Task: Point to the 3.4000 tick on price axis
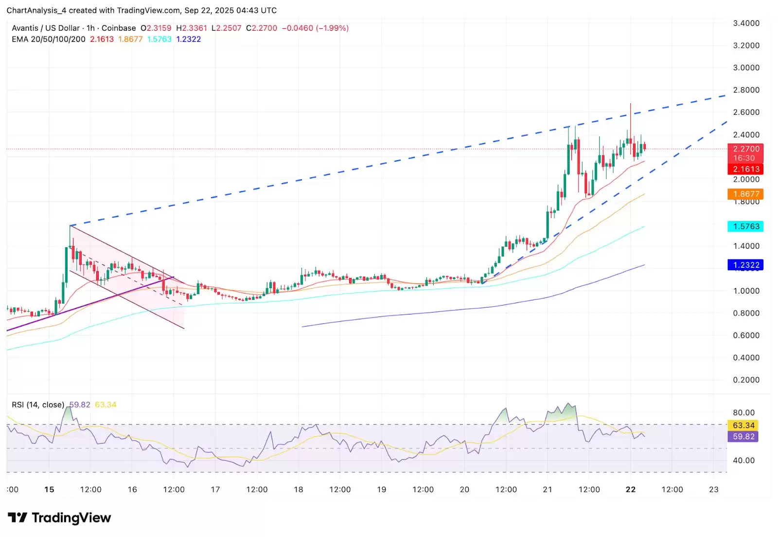(746, 23)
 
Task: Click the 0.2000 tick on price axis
(746, 380)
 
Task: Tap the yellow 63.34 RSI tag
(743, 426)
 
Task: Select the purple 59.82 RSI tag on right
(743, 437)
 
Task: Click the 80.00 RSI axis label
(743, 413)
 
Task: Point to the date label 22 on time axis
(630, 489)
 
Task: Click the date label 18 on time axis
(298, 489)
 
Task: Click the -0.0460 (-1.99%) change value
(315, 28)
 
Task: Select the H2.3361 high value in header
(192, 28)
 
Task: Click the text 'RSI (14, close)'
(38, 405)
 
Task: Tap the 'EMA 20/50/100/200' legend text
(49, 39)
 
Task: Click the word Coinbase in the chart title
(119, 28)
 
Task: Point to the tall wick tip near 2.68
(630, 104)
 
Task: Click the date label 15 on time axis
(49, 489)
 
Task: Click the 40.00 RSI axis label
(743, 460)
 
